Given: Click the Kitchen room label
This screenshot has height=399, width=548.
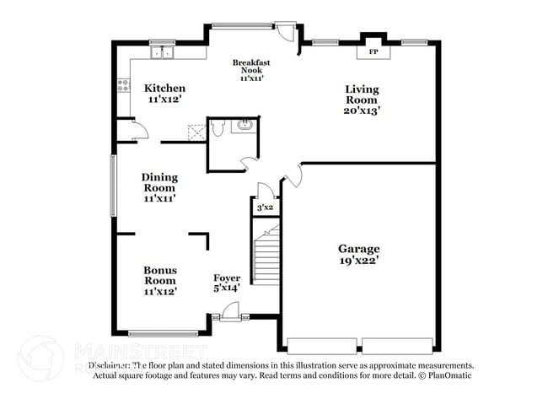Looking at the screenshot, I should point(164,94).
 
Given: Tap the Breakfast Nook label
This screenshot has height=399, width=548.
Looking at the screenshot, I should point(251,70).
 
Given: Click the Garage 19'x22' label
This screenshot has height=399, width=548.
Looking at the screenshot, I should point(359,255).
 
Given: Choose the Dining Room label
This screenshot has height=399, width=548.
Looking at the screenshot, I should point(159,188).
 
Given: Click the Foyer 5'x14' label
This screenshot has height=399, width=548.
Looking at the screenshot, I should point(226,283).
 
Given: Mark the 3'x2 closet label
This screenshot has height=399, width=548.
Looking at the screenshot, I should point(265,207).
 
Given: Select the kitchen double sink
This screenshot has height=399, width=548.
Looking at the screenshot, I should point(161,53).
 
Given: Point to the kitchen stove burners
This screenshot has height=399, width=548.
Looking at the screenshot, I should point(123,84).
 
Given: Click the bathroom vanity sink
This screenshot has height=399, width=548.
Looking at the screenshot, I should point(243,127).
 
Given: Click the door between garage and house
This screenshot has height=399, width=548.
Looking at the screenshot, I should point(293,175).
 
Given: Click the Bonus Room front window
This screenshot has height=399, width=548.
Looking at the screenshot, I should point(163,333).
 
